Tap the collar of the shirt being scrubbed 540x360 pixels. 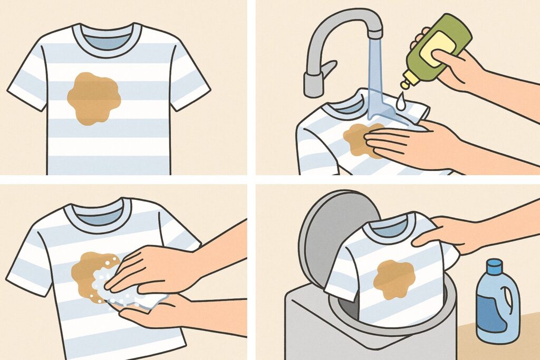[97, 221]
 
